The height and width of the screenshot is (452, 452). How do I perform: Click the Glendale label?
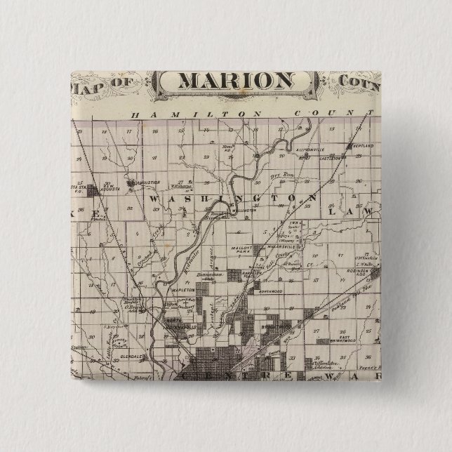[140, 357]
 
